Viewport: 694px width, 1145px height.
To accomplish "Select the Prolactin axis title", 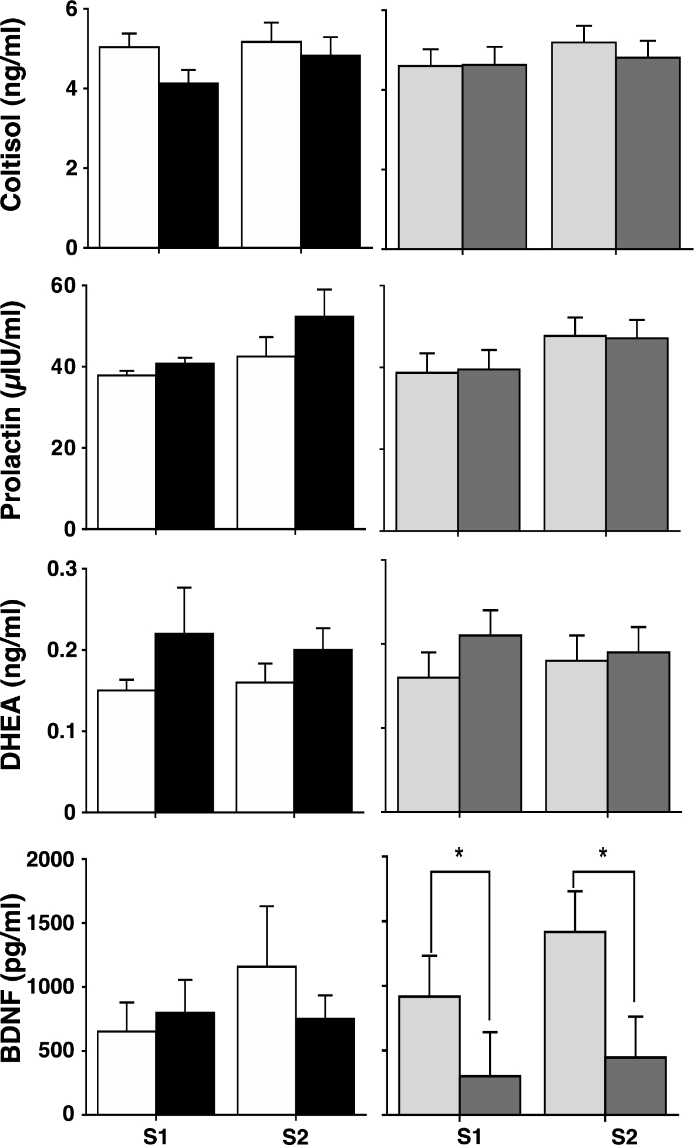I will [13, 411].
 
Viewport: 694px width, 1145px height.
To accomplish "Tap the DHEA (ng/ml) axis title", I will [13, 684].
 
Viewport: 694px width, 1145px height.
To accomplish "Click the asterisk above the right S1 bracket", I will [459, 854].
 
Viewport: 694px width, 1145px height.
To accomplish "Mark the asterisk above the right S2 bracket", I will [603, 854].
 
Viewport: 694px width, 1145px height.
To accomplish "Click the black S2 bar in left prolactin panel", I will [324, 423].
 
